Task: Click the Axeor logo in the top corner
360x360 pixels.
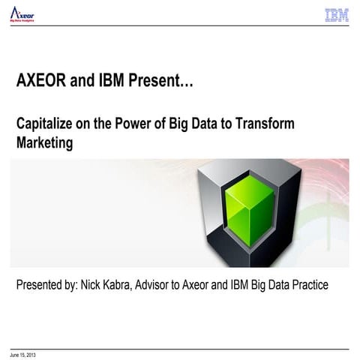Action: coord(22,14)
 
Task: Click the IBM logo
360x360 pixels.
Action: coord(337,15)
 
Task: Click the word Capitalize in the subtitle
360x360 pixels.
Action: coord(44,124)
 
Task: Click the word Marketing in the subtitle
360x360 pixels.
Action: coord(45,143)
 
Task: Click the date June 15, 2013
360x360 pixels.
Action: coord(22,353)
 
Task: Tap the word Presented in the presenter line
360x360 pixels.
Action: coord(41,286)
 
